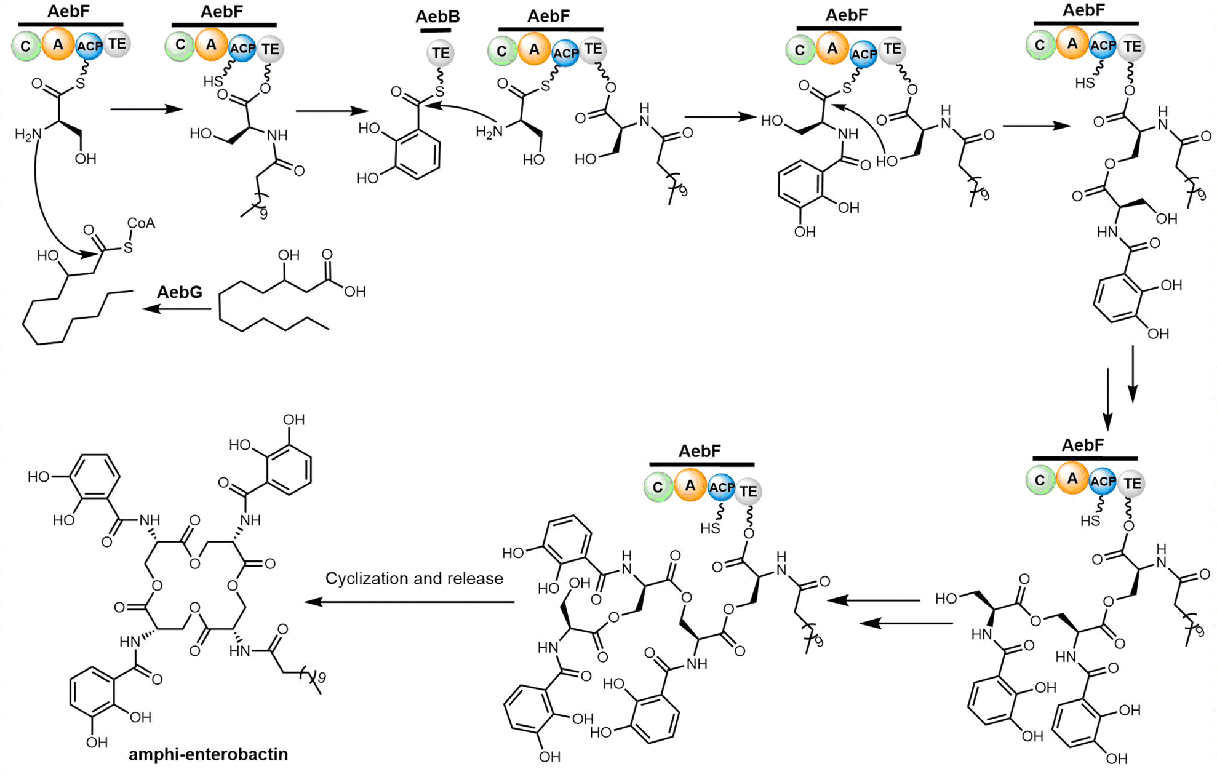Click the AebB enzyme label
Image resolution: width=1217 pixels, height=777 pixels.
tap(437, 17)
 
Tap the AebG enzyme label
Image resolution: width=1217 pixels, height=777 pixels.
tap(179, 292)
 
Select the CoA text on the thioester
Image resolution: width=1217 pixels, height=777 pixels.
tap(141, 224)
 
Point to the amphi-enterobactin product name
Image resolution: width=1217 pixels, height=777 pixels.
tap(208, 754)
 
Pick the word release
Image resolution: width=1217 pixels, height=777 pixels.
tap(476, 579)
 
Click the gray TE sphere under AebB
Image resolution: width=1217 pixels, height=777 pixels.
tap(440, 53)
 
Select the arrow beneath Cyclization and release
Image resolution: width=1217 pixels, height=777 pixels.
tap(409, 602)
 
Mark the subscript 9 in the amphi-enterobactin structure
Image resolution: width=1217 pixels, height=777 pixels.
tap(321, 678)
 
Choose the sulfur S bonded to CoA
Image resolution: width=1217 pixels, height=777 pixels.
tap(127, 248)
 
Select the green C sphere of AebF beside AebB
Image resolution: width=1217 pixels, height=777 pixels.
tap(502, 51)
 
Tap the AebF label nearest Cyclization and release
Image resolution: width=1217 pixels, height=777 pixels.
tap(700, 452)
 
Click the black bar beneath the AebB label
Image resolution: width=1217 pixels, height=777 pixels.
tap(436, 30)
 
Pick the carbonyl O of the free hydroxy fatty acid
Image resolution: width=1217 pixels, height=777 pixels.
tap(327, 255)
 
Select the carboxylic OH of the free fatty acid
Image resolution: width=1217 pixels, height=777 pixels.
tap(354, 292)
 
